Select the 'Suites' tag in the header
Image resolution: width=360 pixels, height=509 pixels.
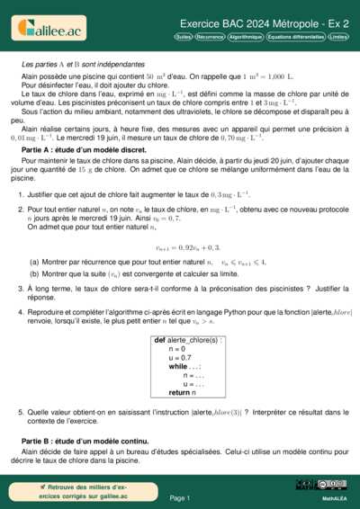coord(183,38)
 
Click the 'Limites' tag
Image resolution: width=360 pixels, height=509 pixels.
coord(339,38)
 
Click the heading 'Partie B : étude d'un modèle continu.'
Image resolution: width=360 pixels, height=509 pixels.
coord(82,442)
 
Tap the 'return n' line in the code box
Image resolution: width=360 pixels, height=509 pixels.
coord(180,392)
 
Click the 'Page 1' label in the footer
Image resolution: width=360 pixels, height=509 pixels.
coord(180,497)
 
